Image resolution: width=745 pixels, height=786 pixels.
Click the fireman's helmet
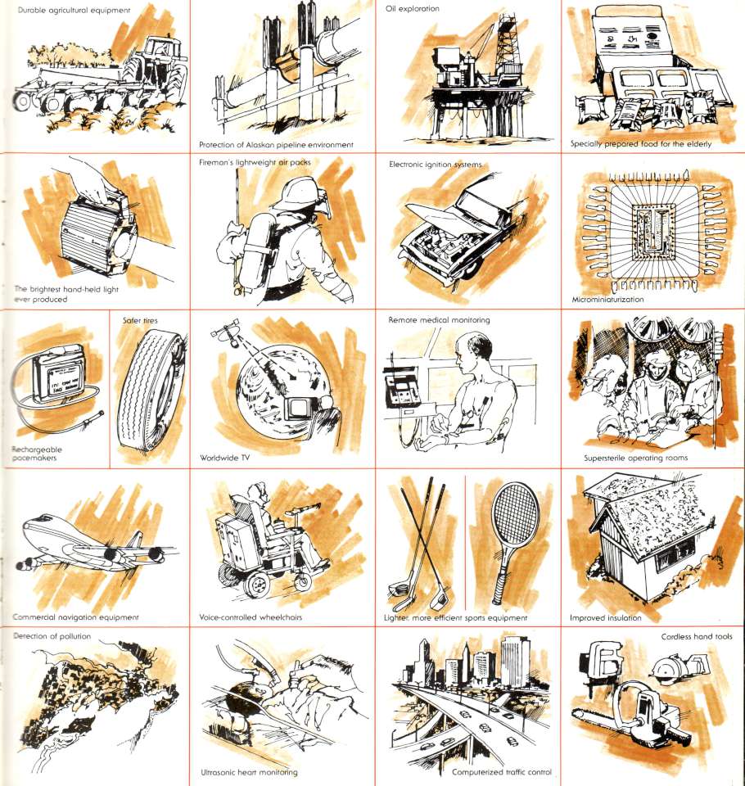click(x=296, y=193)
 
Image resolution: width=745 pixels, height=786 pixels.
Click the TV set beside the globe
click(x=297, y=408)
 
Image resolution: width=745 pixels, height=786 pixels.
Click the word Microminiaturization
click(x=607, y=300)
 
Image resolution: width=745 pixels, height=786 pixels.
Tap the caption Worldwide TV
click(x=224, y=457)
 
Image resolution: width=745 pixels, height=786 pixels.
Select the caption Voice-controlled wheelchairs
click(x=251, y=617)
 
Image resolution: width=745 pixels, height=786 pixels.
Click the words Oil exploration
click(x=412, y=8)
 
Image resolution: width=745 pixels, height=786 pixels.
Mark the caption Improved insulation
click(x=606, y=617)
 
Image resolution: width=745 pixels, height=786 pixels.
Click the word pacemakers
click(x=34, y=458)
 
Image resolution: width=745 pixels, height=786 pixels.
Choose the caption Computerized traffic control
click(x=501, y=772)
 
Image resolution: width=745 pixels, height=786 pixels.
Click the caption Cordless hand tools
click(x=697, y=637)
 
